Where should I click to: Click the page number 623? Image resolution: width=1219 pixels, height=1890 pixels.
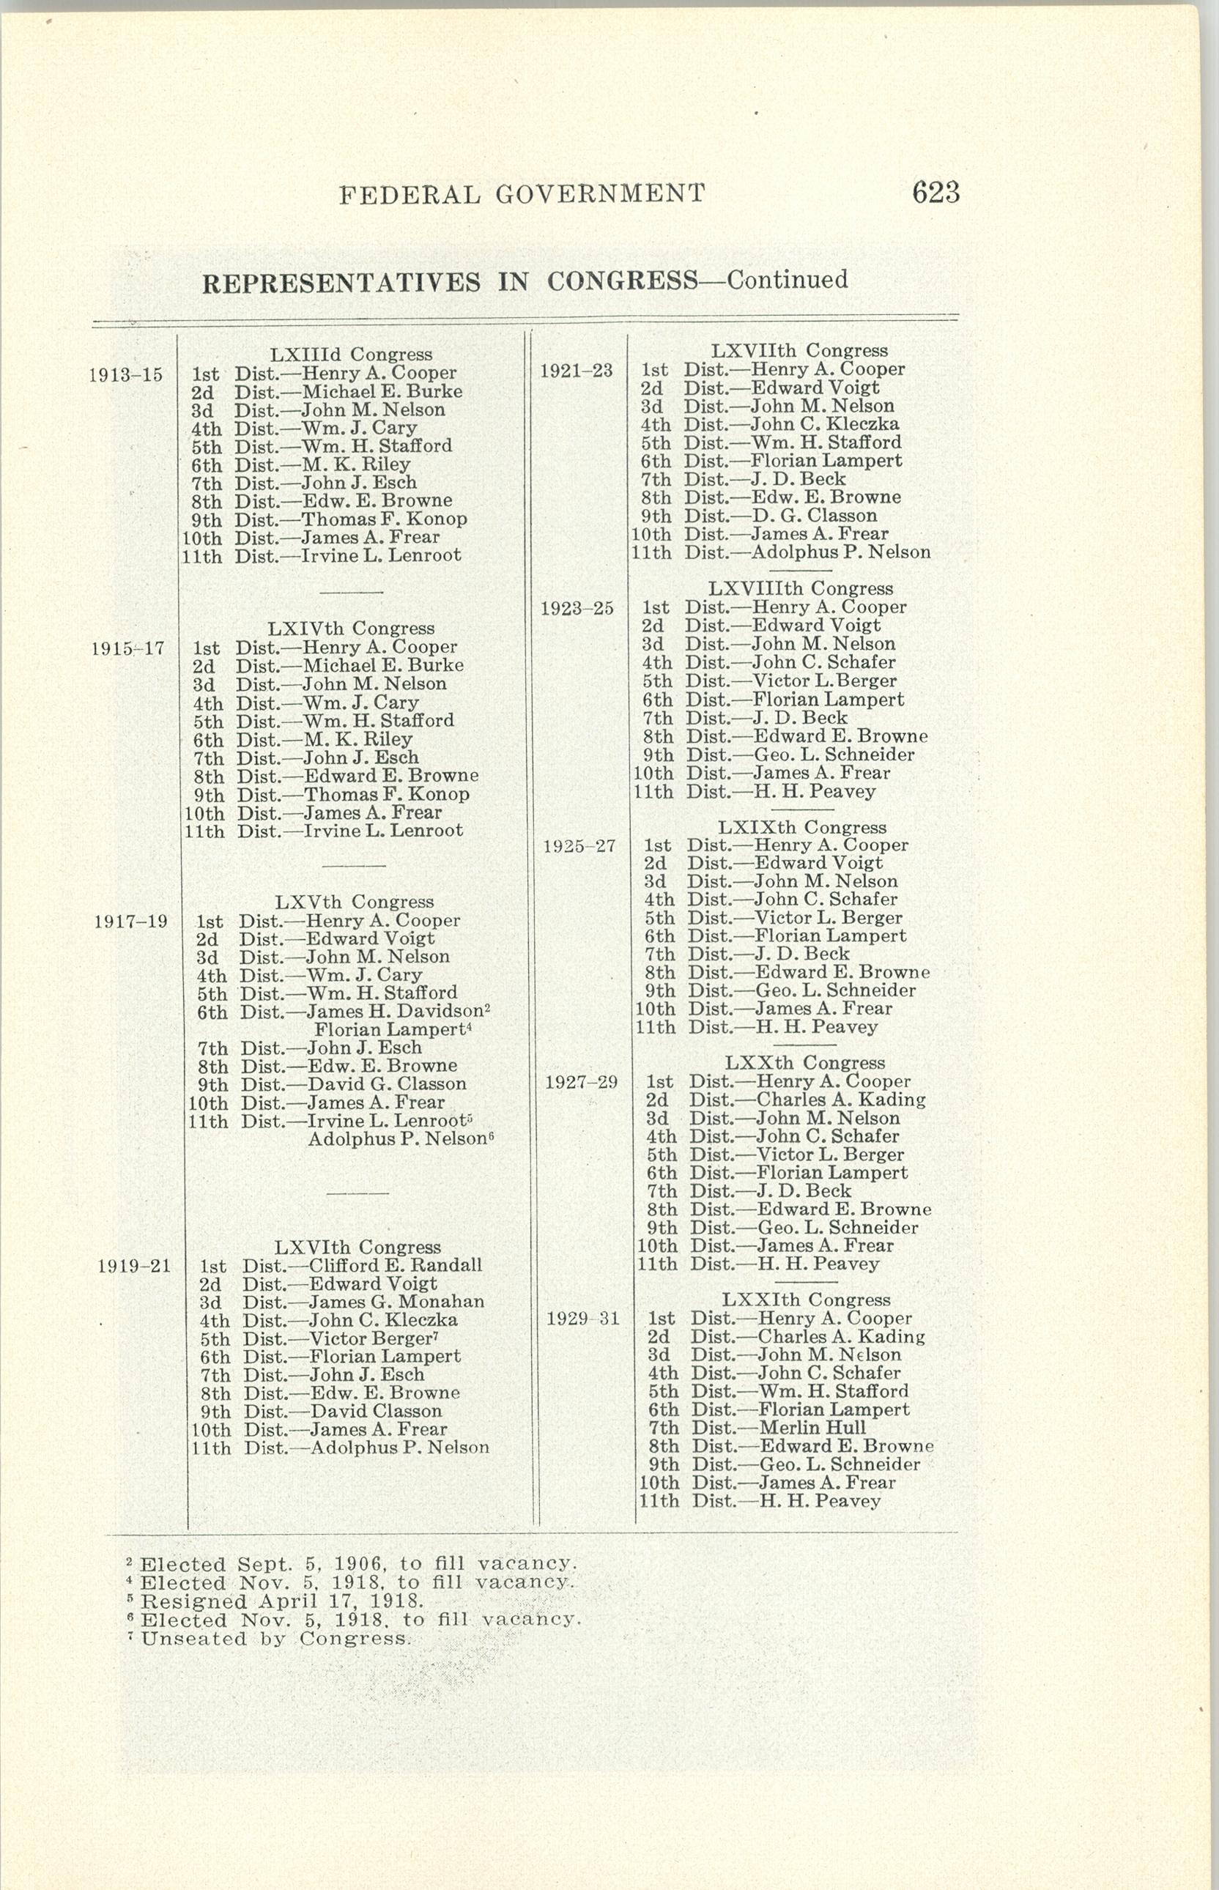[935, 193]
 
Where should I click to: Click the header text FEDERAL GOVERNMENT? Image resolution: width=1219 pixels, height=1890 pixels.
[522, 194]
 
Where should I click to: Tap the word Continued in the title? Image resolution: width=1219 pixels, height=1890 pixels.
[787, 280]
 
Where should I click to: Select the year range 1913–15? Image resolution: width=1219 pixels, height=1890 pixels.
[125, 374]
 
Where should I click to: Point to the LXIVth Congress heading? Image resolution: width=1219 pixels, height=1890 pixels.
[351, 629]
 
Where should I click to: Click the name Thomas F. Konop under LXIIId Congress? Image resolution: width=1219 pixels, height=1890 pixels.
[385, 519]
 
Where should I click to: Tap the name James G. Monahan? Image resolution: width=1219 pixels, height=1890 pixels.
[396, 1302]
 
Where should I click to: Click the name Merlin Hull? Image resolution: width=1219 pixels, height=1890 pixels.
[812, 1428]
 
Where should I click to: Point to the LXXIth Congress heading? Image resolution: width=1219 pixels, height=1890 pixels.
[806, 1300]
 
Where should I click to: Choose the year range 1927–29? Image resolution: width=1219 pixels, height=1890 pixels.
[581, 1082]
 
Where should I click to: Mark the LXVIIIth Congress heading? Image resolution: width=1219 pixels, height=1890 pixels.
[800, 589]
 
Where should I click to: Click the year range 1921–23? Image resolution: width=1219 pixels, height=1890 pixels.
[577, 371]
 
